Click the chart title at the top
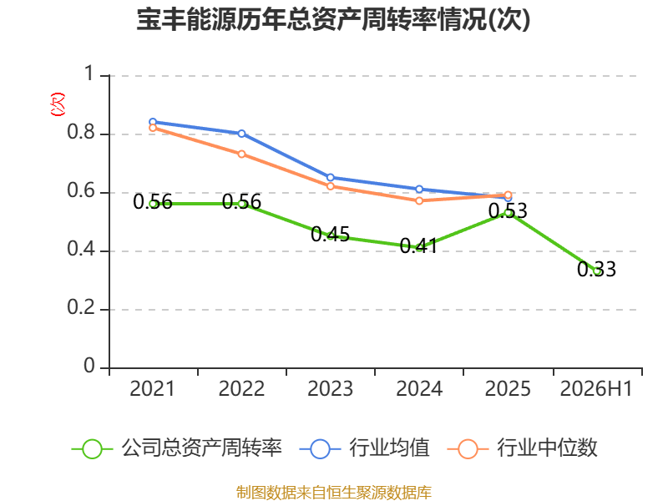(x=333, y=19)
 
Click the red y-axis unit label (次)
(x=58, y=104)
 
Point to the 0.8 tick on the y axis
(x=81, y=132)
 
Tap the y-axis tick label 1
(x=89, y=73)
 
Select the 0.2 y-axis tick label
(x=81, y=307)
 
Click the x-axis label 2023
(x=330, y=389)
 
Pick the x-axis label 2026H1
(x=596, y=389)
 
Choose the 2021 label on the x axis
(x=153, y=389)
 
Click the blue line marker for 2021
(x=153, y=122)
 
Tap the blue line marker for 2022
(x=241, y=134)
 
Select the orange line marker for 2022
(x=241, y=154)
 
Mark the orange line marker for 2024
(x=419, y=200)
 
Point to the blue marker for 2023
(x=330, y=177)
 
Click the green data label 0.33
(x=596, y=269)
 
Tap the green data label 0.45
(x=330, y=235)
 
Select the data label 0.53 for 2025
(x=508, y=211)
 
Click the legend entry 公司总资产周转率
(x=177, y=448)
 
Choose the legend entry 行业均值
(x=365, y=448)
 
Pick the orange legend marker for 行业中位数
(x=468, y=449)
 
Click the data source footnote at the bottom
(x=334, y=493)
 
